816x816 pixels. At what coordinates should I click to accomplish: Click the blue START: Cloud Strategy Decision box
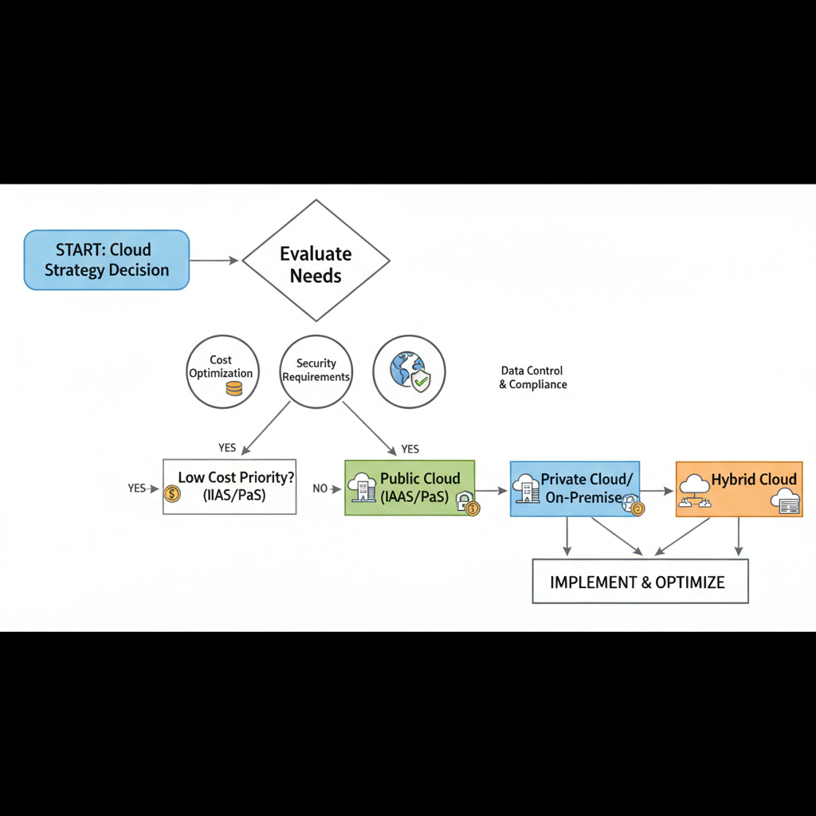pos(107,260)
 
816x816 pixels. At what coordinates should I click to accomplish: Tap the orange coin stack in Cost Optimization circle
pos(233,388)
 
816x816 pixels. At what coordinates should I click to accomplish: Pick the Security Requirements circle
pos(316,371)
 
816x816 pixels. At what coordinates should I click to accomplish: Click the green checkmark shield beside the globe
pos(420,381)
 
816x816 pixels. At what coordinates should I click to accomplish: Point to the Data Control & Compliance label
pos(532,377)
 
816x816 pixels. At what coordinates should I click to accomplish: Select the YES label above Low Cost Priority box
pos(227,448)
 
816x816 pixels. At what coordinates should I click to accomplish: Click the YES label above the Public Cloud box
pos(410,449)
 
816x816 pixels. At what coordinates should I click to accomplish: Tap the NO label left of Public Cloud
pos(320,488)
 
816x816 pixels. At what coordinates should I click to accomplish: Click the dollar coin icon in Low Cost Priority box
pos(171,494)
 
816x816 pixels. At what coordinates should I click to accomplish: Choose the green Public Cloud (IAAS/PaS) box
pos(410,488)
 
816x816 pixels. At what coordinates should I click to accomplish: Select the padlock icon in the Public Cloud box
pos(463,503)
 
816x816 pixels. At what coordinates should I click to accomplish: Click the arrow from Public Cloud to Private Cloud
pos(492,490)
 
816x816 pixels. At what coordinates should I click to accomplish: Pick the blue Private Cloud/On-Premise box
pos(575,488)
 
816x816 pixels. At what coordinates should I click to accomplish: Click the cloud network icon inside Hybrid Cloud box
pos(694,490)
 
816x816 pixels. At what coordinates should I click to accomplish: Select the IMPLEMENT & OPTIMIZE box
pos(640,581)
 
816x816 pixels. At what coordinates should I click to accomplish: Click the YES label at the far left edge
pos(136,488)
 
